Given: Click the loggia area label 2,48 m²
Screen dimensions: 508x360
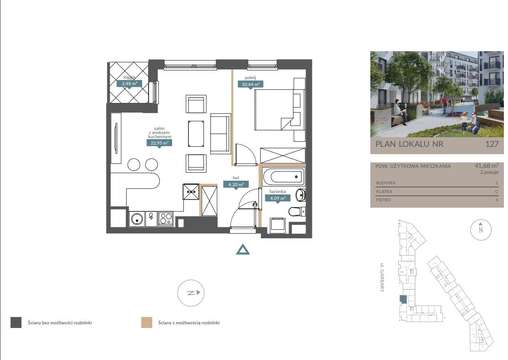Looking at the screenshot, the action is pos(129,84).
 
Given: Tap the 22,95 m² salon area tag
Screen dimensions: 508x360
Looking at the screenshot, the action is pos(160,143).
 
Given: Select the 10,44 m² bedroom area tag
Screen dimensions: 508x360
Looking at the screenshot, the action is pos(251,85).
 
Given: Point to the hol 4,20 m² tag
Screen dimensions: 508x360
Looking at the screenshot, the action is pos(236,185).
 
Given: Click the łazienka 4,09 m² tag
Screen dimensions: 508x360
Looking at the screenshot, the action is pos(278,199).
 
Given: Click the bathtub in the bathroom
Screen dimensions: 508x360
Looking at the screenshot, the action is pos(283,177).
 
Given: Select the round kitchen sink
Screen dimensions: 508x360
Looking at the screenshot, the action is pos(137,219).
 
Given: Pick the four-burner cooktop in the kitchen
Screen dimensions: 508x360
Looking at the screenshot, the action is pos(165,219).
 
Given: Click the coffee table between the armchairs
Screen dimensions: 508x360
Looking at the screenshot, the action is pos(196,134).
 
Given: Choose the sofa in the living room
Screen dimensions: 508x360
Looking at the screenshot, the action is pos(221,134).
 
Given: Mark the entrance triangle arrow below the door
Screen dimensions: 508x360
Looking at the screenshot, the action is pos(243,249).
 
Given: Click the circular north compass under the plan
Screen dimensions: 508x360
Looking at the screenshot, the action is pos(191,293).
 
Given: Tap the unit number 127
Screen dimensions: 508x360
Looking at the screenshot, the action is pos(492,144).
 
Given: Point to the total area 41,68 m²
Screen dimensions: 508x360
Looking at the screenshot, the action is pos(487,166).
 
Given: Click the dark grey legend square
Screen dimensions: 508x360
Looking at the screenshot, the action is pos(16,322).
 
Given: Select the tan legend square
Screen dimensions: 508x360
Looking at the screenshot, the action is pos(147,322).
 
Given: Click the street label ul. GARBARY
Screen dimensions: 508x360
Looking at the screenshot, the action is pos(382,277).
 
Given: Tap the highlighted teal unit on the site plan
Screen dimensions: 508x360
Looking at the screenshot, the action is pos(403,300).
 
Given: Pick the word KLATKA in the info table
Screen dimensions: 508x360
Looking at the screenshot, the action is pos(384,192).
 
